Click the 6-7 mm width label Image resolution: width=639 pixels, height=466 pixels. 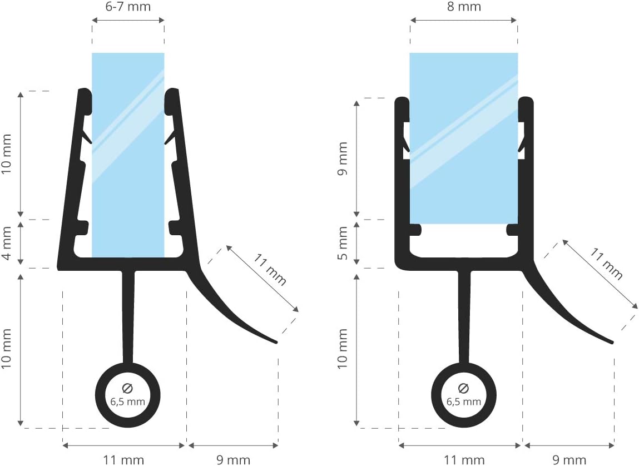(128, 7)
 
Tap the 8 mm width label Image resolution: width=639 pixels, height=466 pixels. (464, 7)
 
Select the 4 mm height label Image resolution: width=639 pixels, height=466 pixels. (7, 244)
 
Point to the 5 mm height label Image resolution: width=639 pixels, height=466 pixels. (343, 243)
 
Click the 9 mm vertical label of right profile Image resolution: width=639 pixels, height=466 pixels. (343, 158)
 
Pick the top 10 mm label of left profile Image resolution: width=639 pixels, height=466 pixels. (7, 153)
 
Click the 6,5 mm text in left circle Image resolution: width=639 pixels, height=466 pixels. (127, 401)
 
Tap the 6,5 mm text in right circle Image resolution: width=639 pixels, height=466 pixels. (464, 401)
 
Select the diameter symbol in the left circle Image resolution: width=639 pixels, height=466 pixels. (127, 388)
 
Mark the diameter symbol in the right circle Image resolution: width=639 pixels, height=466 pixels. (463, 388)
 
